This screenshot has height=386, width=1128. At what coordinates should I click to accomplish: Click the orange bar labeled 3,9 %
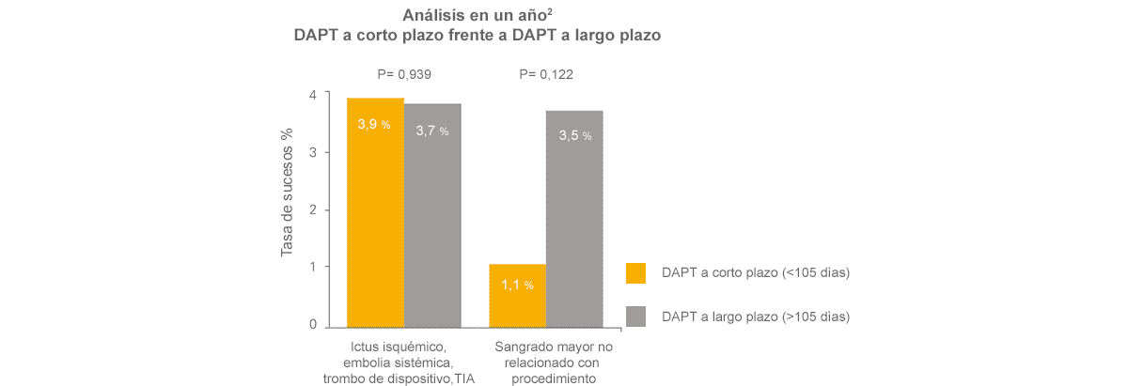[x=375, y=212]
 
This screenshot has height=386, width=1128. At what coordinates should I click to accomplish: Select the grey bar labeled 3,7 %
[x=432, y=215]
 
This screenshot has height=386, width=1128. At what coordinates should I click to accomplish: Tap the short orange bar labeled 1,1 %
[x=517, y=295]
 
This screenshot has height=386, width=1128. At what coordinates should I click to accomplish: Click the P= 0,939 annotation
[x=402, y=74]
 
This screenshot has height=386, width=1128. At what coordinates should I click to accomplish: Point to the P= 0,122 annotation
[x=546, y=74]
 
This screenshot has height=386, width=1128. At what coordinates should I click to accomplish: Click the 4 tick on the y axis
[x=313, y=95]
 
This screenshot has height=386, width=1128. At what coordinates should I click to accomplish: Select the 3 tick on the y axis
[x=313, y=152]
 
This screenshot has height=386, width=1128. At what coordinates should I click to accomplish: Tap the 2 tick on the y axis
[x=313, y=209]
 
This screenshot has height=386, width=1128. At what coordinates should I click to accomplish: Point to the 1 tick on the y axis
[x=313, y=267]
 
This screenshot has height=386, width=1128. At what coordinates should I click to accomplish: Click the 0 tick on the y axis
[x=313, y=325]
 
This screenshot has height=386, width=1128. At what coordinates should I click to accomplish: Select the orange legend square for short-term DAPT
[x=636, y=272]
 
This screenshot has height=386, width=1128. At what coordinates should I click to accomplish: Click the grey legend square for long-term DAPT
[x=636, y=317]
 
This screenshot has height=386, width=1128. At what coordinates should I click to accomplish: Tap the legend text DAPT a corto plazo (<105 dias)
[x=755, y=273]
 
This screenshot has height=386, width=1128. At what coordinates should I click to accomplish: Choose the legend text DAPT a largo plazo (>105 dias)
[x=755, y=317]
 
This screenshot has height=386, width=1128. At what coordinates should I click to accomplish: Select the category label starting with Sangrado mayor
[x=554, y=363]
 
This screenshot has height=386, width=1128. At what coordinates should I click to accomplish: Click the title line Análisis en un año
[x=478, y=15]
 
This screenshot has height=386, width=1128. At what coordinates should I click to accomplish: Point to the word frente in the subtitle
[x=484, y=36]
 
